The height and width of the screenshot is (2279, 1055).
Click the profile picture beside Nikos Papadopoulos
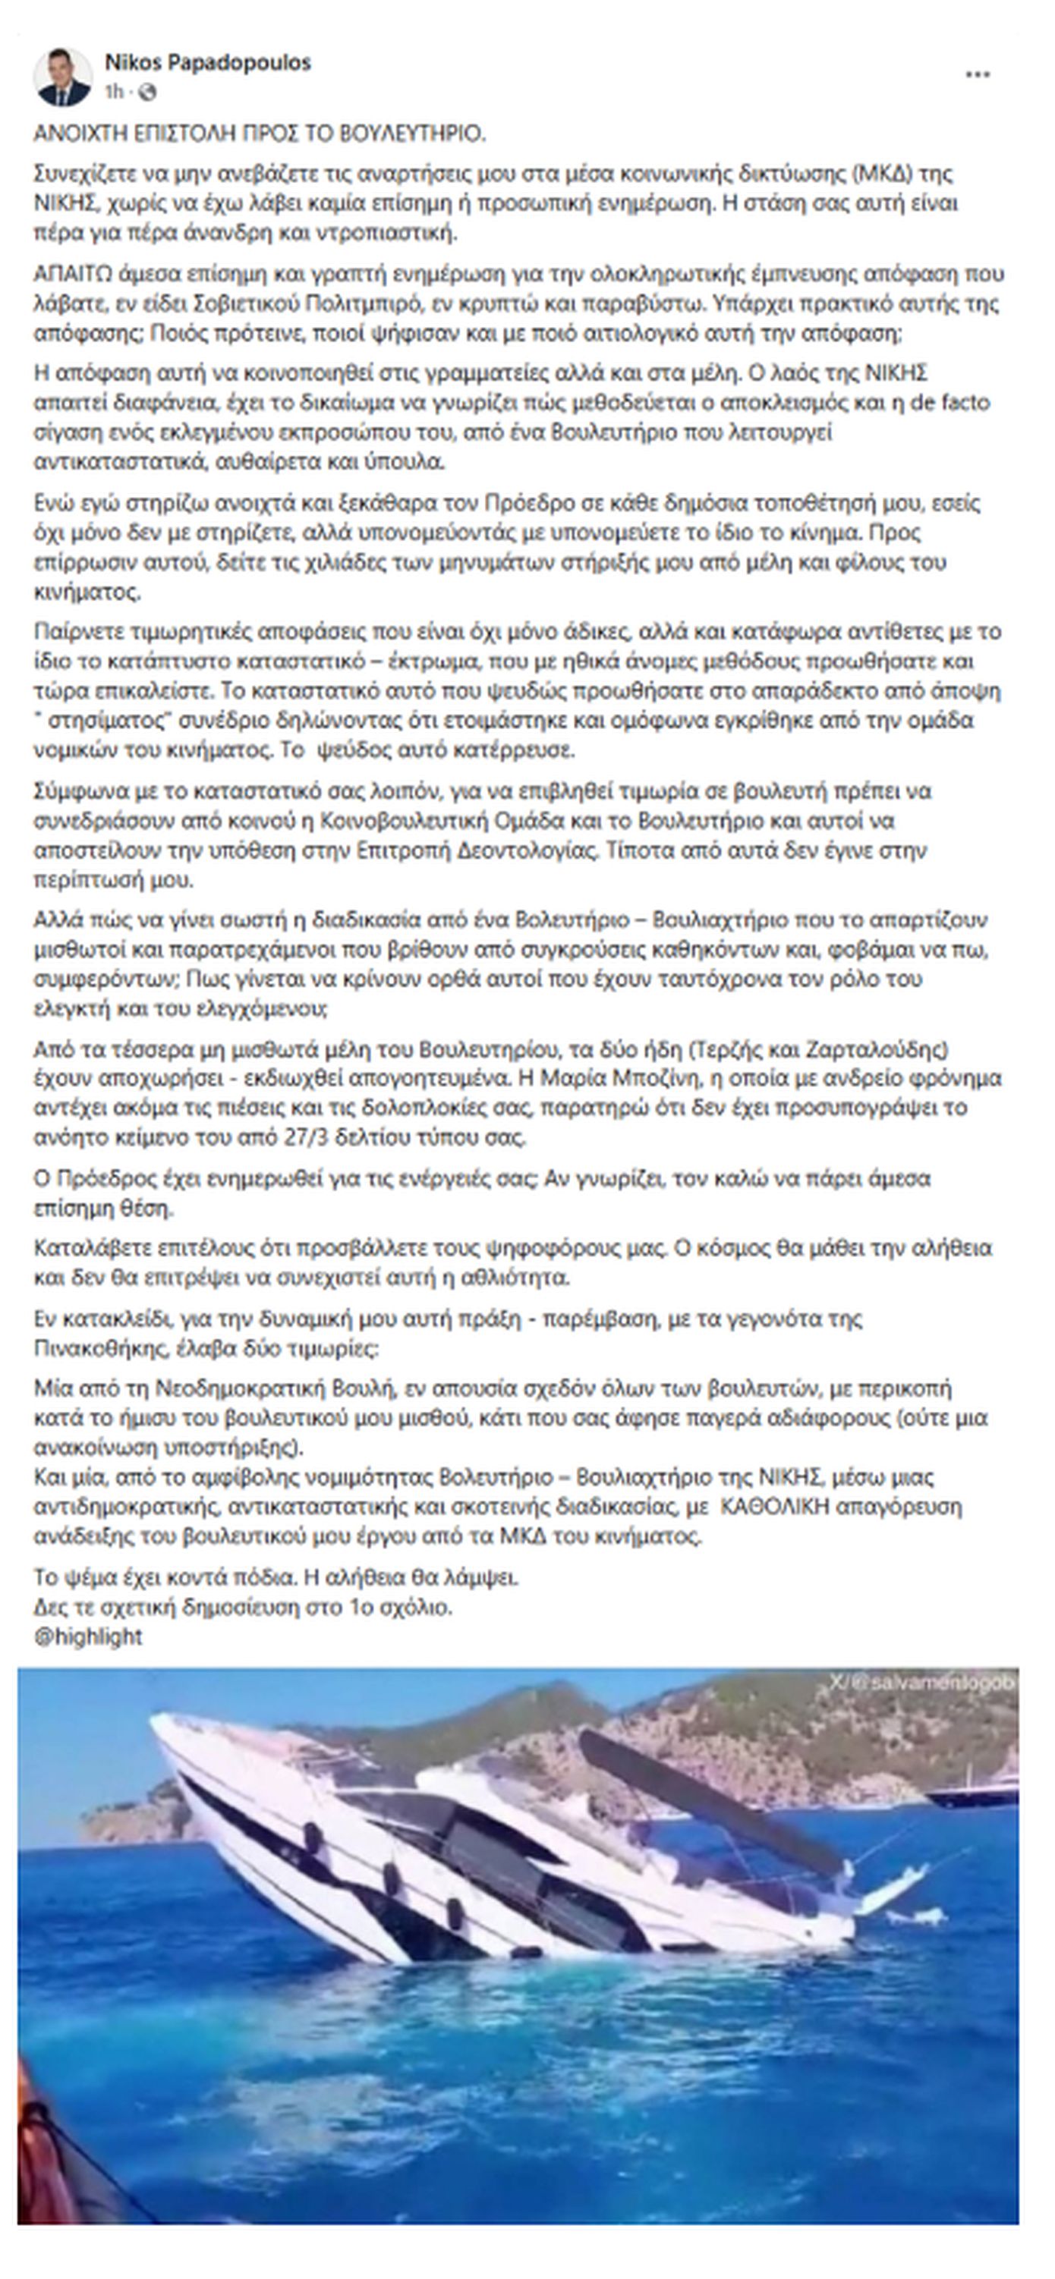tap(62, 77)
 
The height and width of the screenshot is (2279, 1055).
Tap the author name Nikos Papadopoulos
tap(207, 63)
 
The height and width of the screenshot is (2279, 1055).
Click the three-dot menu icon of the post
tap(977, 75)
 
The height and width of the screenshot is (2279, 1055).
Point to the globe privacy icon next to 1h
tap(149, 92)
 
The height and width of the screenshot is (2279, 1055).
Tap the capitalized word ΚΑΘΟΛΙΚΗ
tap(776, 1506)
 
